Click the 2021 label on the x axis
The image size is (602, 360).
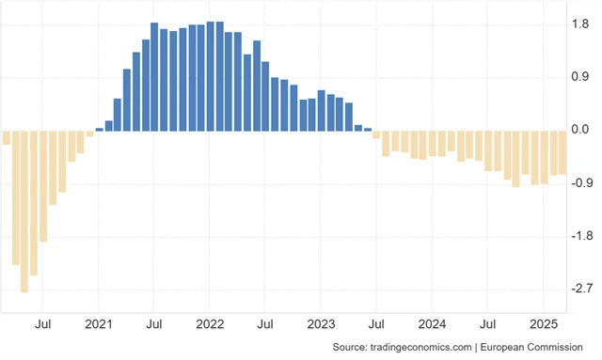[99, 324]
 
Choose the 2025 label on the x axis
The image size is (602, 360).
[543, 324]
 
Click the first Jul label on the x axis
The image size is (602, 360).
[43, 324]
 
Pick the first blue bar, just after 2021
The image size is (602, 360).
[100, 129]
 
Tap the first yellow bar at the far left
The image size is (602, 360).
[6, 137]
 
